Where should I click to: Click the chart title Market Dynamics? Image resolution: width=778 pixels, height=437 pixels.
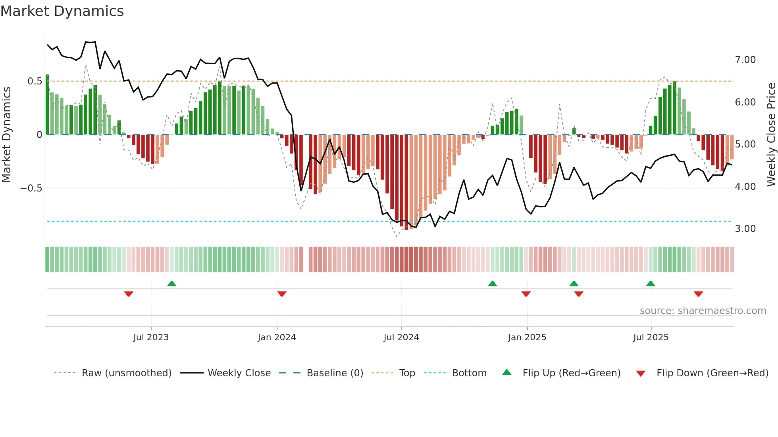coord(62,11)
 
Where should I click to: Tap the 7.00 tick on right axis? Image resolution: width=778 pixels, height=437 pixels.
coord(745,60)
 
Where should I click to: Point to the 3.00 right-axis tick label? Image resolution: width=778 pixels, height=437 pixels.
coord(745,229)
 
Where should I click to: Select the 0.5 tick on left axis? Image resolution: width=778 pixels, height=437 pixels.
coord(35,81)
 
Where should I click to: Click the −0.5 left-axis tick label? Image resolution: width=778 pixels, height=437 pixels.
coord(31,188)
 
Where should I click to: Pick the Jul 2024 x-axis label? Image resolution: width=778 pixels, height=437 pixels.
coord(401,337)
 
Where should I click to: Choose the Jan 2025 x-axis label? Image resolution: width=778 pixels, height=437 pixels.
coord(527,337)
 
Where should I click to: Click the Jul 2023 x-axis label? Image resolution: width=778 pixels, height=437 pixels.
coord(151,337)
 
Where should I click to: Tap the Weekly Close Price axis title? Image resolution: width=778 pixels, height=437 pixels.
coord(771,135)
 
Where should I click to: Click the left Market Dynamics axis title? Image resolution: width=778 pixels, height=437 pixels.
coord(6,135)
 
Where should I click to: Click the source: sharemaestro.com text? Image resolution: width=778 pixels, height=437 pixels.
coord(703,311)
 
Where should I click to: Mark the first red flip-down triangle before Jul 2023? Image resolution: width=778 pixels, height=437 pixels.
coord(129,294)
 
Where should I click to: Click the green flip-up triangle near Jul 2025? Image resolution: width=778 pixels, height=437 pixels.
coord(650,284)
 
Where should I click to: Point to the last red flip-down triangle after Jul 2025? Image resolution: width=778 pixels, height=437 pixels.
coord(698,294)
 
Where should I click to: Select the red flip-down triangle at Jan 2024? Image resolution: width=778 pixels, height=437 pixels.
coord(282,294)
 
